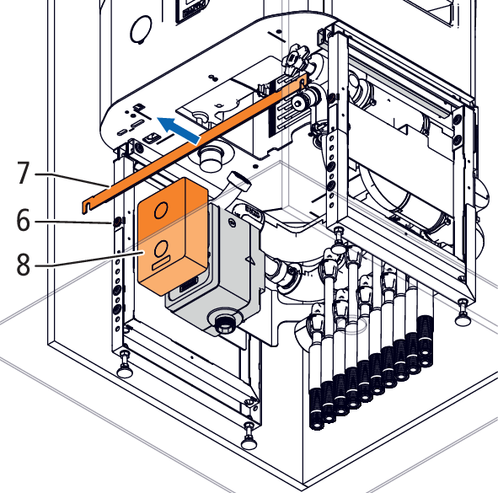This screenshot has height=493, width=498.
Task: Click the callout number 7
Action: (x=24, y=173)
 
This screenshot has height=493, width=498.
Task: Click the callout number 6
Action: (x=24, y=220)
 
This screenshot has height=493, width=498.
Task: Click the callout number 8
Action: (x=24, y=265)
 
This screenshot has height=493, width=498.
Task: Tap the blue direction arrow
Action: (x=179, y=130)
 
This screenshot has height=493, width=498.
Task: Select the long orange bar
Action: (x=194, y=142)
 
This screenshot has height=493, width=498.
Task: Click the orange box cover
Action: (x=173, y=236)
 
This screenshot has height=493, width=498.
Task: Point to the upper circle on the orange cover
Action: (x=161, y=210)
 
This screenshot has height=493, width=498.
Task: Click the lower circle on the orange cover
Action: (x=161, y=249)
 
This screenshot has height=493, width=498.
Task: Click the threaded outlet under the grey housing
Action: (x=225, y=324)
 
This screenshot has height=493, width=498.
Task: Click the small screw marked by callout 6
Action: (x=116, y=222)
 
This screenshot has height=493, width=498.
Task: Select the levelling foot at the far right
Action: (x=463, y=315)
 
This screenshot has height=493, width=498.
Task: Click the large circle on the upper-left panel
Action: (x=141, y=29)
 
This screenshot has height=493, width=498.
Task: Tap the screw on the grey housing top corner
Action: (x=233, y=222)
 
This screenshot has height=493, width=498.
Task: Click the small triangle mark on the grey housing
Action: (x=250, y=260)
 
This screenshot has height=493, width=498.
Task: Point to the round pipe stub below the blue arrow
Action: (x=210, y=159)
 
